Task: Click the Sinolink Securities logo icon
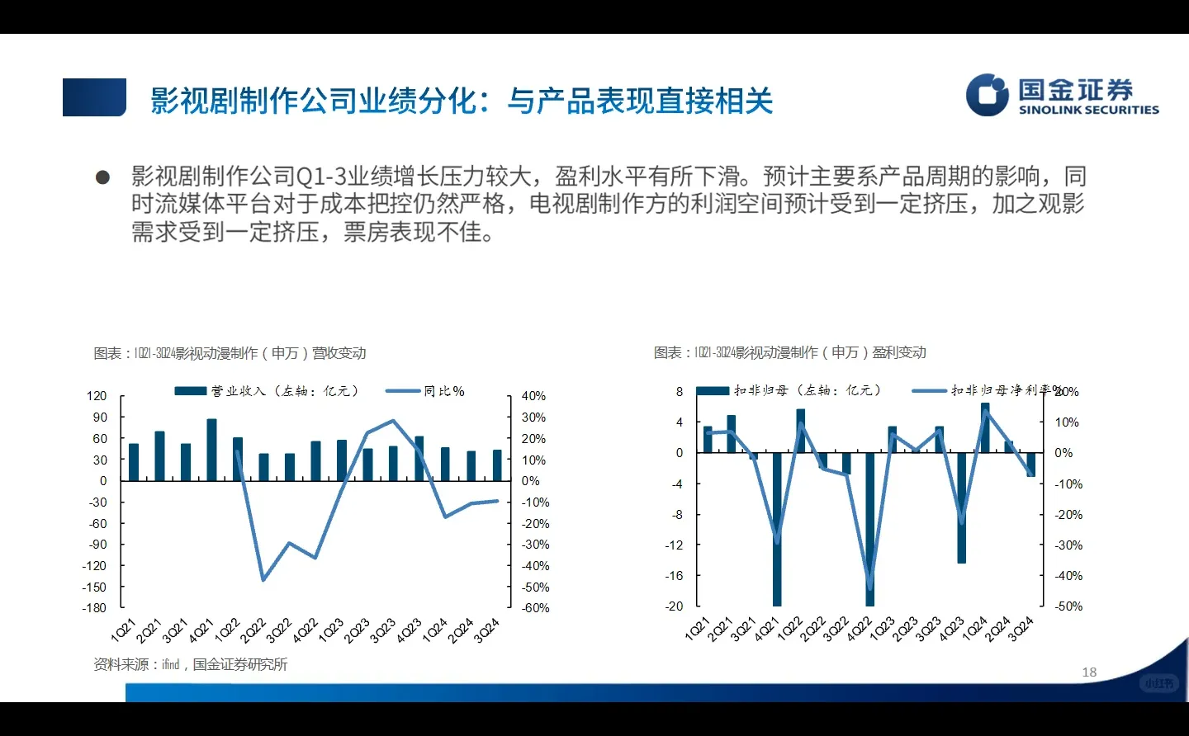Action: pos(988,95)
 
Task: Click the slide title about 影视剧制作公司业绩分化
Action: pos(461,101)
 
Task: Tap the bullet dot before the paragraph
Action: pos(102,177)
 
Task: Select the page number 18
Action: pos(1089,672)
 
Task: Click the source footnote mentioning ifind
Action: pos(191,664)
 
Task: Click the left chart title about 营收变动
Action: pos(230,353)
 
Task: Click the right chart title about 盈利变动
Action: pos(789,352)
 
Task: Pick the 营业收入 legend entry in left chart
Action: pos(267,390)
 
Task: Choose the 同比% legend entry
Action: pos(426,390)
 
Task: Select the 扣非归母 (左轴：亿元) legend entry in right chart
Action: pos(789,390)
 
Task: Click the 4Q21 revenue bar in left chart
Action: pos(211,450)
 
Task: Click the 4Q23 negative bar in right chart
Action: pos(961,507)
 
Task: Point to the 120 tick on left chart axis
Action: pos(97,396)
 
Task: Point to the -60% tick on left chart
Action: pos(535,608)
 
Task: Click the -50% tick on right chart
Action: pos(1068,606)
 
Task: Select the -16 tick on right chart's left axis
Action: pos(675,576)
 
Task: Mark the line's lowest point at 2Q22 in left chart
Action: pos(263,580)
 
